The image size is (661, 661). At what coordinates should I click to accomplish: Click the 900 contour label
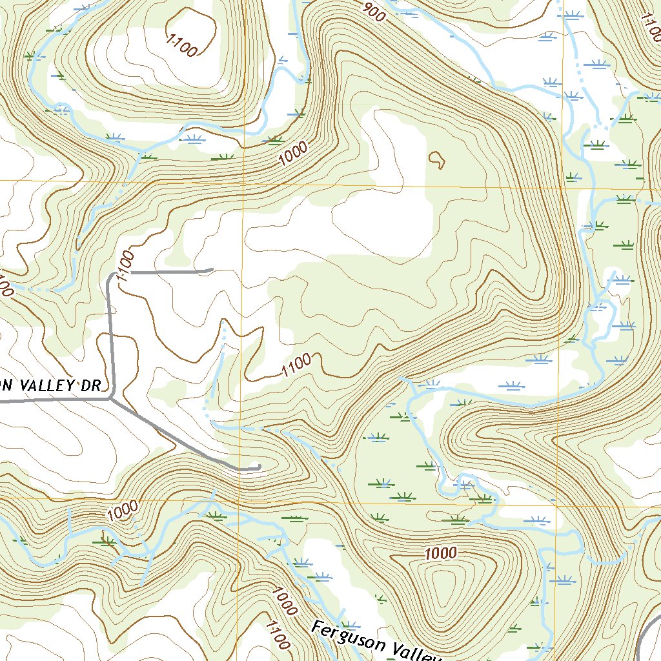(374, 12)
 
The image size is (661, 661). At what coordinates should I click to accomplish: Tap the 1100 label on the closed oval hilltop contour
(181, 46)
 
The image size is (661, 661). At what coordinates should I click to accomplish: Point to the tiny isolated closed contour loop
(437, 159)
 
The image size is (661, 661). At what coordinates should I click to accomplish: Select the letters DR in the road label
(92, 386)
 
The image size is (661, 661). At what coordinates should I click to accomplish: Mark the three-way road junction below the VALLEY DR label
(111, 399)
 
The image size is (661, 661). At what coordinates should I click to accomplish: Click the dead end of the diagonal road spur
(258, 466)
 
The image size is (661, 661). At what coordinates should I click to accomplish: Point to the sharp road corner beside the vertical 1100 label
(109, 277)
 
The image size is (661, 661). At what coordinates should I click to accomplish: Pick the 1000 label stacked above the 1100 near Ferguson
(285, 600)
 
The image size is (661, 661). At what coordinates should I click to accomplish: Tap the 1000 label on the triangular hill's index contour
(441, 553)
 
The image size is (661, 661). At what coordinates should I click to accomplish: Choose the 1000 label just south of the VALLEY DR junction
(123, 510)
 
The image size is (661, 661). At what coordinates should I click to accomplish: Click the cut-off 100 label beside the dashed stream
(5, 286)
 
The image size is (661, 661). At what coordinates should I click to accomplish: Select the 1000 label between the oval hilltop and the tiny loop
(294, 156)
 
